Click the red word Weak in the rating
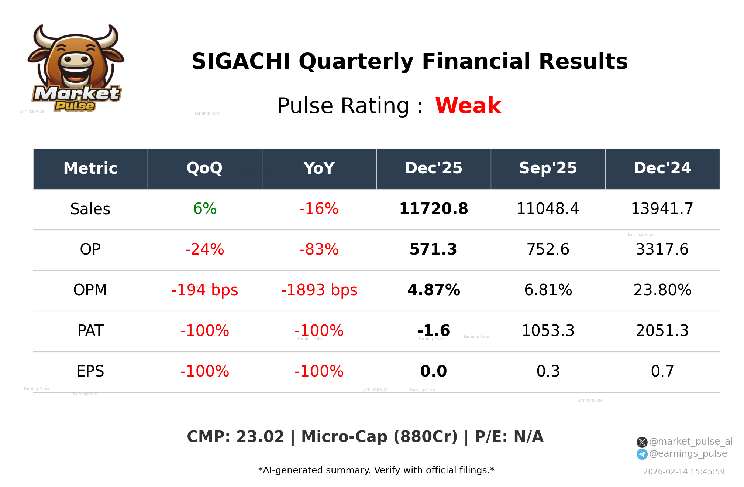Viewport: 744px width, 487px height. [x=468, y=106]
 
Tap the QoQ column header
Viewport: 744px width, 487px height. [x=204, y=168]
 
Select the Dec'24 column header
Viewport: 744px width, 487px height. [x=662, y=168]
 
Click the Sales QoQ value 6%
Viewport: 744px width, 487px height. [x=205, y=209]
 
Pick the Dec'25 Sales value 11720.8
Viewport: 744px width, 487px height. [x=433, y=209]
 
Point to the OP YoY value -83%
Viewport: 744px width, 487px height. [x=319, y=250]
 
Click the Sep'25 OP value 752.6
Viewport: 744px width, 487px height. [x=548, y=250]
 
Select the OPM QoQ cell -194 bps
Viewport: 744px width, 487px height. [x=204, y=290]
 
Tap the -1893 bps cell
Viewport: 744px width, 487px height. [x=319, y=290]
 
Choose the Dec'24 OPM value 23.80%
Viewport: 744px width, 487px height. [x=662, y=290]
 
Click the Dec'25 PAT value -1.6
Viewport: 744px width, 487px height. [x=433, y=331]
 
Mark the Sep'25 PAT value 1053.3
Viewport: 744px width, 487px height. [x=548, y=331]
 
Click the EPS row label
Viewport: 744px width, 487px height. [x=90, y=371]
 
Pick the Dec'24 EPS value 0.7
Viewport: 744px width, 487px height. [x=662, y=371]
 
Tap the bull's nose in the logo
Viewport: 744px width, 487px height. [x=76, y=60]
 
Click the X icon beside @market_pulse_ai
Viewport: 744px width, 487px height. [x=642, y=442]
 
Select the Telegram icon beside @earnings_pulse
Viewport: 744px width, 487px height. [x=642, y=454]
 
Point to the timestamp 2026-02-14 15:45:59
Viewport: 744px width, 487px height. [x=683, y=472]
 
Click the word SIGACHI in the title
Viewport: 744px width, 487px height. [x=241, y=62]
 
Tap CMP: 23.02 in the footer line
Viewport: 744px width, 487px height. [x=235, y=437]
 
